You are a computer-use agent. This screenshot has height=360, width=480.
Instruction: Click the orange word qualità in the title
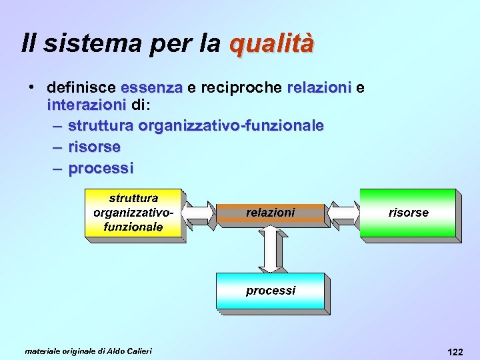tap(271, 44)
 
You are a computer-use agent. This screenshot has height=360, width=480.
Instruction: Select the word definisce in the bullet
tap(83, 87)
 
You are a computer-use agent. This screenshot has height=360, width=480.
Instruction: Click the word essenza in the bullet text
tap(152, 87)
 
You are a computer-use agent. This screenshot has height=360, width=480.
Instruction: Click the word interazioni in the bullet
tap(87, 105)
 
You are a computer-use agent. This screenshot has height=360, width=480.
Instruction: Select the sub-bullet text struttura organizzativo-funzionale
tap(196, 125)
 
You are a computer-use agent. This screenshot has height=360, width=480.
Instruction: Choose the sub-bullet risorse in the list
tap(95, 147)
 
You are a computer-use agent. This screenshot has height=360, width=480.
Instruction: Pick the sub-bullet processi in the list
tap(101, 168)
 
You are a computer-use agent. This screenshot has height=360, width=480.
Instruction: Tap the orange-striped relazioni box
tap(271, 213)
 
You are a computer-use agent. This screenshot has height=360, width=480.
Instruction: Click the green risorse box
tap(408, 213)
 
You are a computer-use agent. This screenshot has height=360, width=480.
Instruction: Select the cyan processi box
tap(270, 291)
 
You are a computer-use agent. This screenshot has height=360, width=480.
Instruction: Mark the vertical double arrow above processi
tap(271, 249)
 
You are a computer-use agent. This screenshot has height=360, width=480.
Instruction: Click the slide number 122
tap(456, 351)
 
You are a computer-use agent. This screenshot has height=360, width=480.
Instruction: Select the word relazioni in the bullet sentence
tap(319, 87)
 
